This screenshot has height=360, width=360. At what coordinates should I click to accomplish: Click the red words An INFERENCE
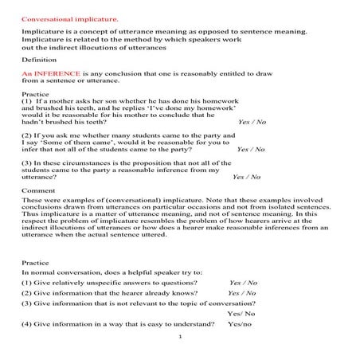[x=49, y=72]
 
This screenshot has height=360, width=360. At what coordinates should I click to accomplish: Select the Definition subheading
[x=38, y=59]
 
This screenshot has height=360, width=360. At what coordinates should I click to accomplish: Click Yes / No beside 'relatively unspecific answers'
[x=243, y=282]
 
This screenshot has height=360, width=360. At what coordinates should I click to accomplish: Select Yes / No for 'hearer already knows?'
[x=241, y=292]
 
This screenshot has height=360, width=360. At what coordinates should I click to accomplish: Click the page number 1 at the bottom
[x=181, y=338]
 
